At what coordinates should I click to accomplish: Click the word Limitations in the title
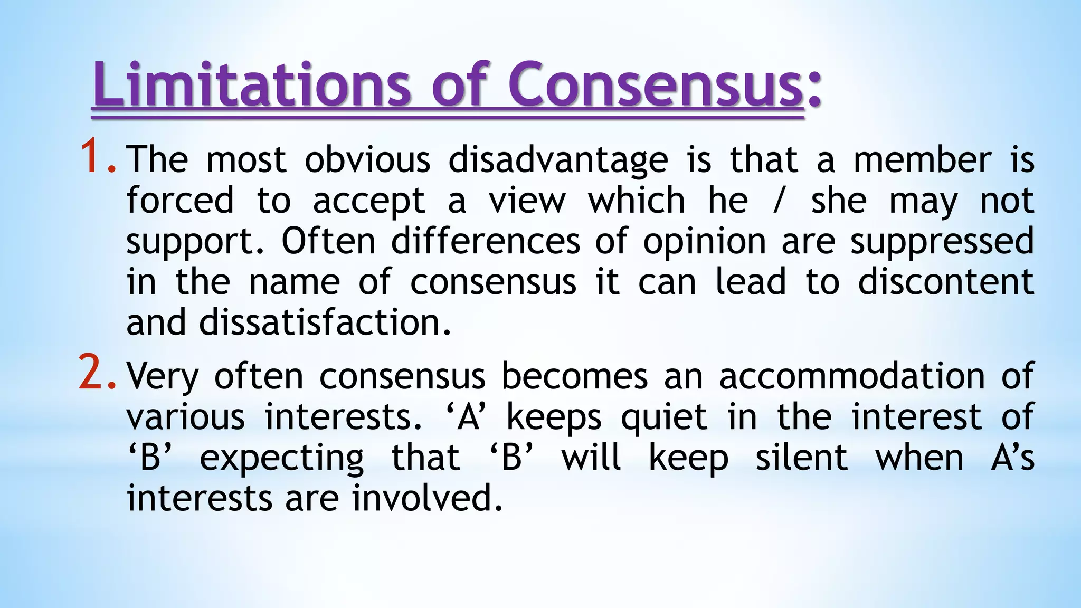coord(251,84)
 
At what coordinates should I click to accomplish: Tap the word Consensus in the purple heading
coord(655,84)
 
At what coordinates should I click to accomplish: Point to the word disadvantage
coord(558,159)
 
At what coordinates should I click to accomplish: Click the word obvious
coord(367,159)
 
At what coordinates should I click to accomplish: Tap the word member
coord(922,159)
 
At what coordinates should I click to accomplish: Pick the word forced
coord(180,201)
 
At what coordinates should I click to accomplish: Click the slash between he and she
coord(777,201)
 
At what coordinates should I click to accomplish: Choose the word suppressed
coord(942,242)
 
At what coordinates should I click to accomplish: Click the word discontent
coord(945,282)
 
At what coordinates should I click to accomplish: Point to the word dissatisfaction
coord(325,322)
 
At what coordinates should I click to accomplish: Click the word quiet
coord(663,417)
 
